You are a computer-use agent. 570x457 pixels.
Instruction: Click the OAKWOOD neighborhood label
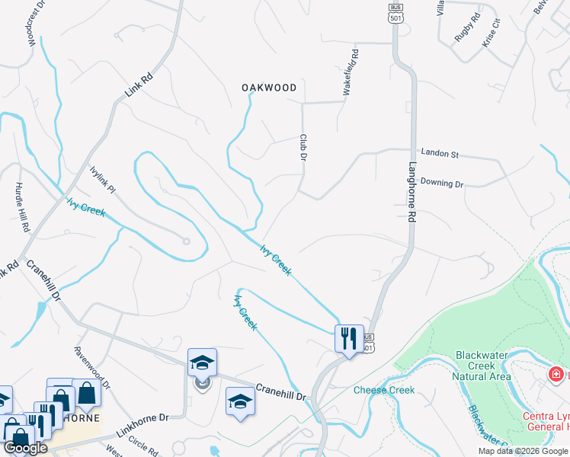tap(269, 88)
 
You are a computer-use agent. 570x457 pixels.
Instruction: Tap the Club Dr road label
tap(303, 147)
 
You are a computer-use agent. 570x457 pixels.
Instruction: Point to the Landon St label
tap(440, 154)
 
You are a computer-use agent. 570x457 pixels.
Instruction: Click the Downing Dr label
tap(442, 184)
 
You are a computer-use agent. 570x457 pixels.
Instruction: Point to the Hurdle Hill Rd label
tap(22, 206)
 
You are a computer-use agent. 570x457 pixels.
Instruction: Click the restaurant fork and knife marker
tap(349, 337)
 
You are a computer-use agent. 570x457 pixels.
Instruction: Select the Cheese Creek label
tap(384, 391)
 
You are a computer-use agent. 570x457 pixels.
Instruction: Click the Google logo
tap(25, 448)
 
